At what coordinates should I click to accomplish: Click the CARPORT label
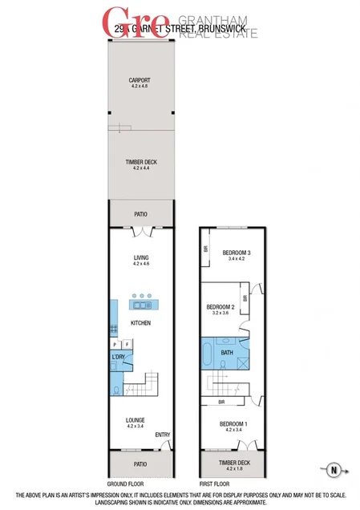click(x=140, y=81)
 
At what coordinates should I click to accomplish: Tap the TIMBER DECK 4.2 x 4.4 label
click(x=140, y=164)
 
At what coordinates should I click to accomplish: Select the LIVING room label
click(x=141, y=259)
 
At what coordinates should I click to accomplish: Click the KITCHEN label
click(x=141, y=322)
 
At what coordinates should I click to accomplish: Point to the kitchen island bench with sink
click(x=141, y=304)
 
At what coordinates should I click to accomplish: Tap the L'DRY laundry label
click(x=120, y=357)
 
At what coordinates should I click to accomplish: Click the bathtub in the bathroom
click(x=210, y=352)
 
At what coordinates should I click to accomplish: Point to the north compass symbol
click(x=334, y=469)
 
